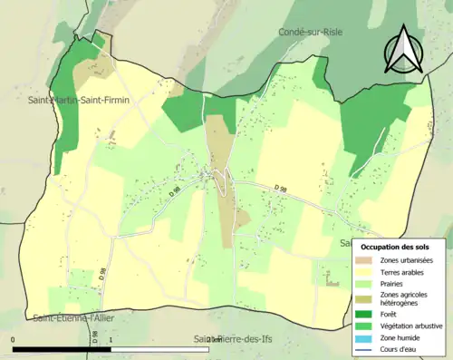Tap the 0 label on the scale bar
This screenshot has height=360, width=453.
click(x=14, y=340)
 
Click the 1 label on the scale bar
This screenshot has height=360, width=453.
click(x=111, y=340)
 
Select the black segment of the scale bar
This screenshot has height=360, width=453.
click(x=62, y=349)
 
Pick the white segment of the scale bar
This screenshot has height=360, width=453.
click(x=159, y=349)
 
